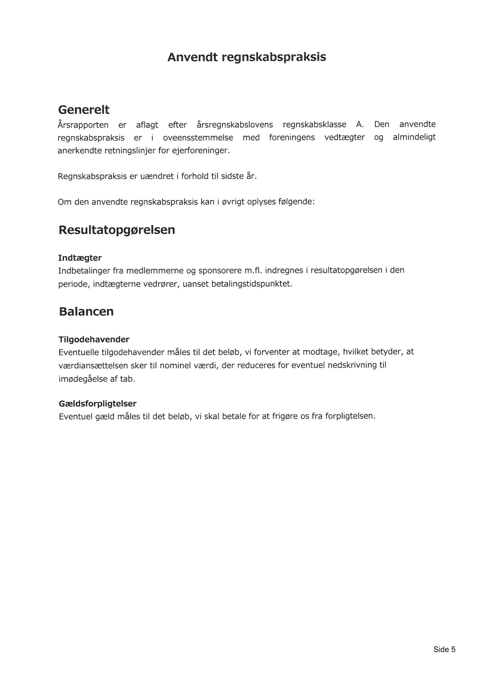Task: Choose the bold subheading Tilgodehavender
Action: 94,340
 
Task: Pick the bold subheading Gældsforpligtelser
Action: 98,403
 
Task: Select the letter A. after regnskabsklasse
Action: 360,124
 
